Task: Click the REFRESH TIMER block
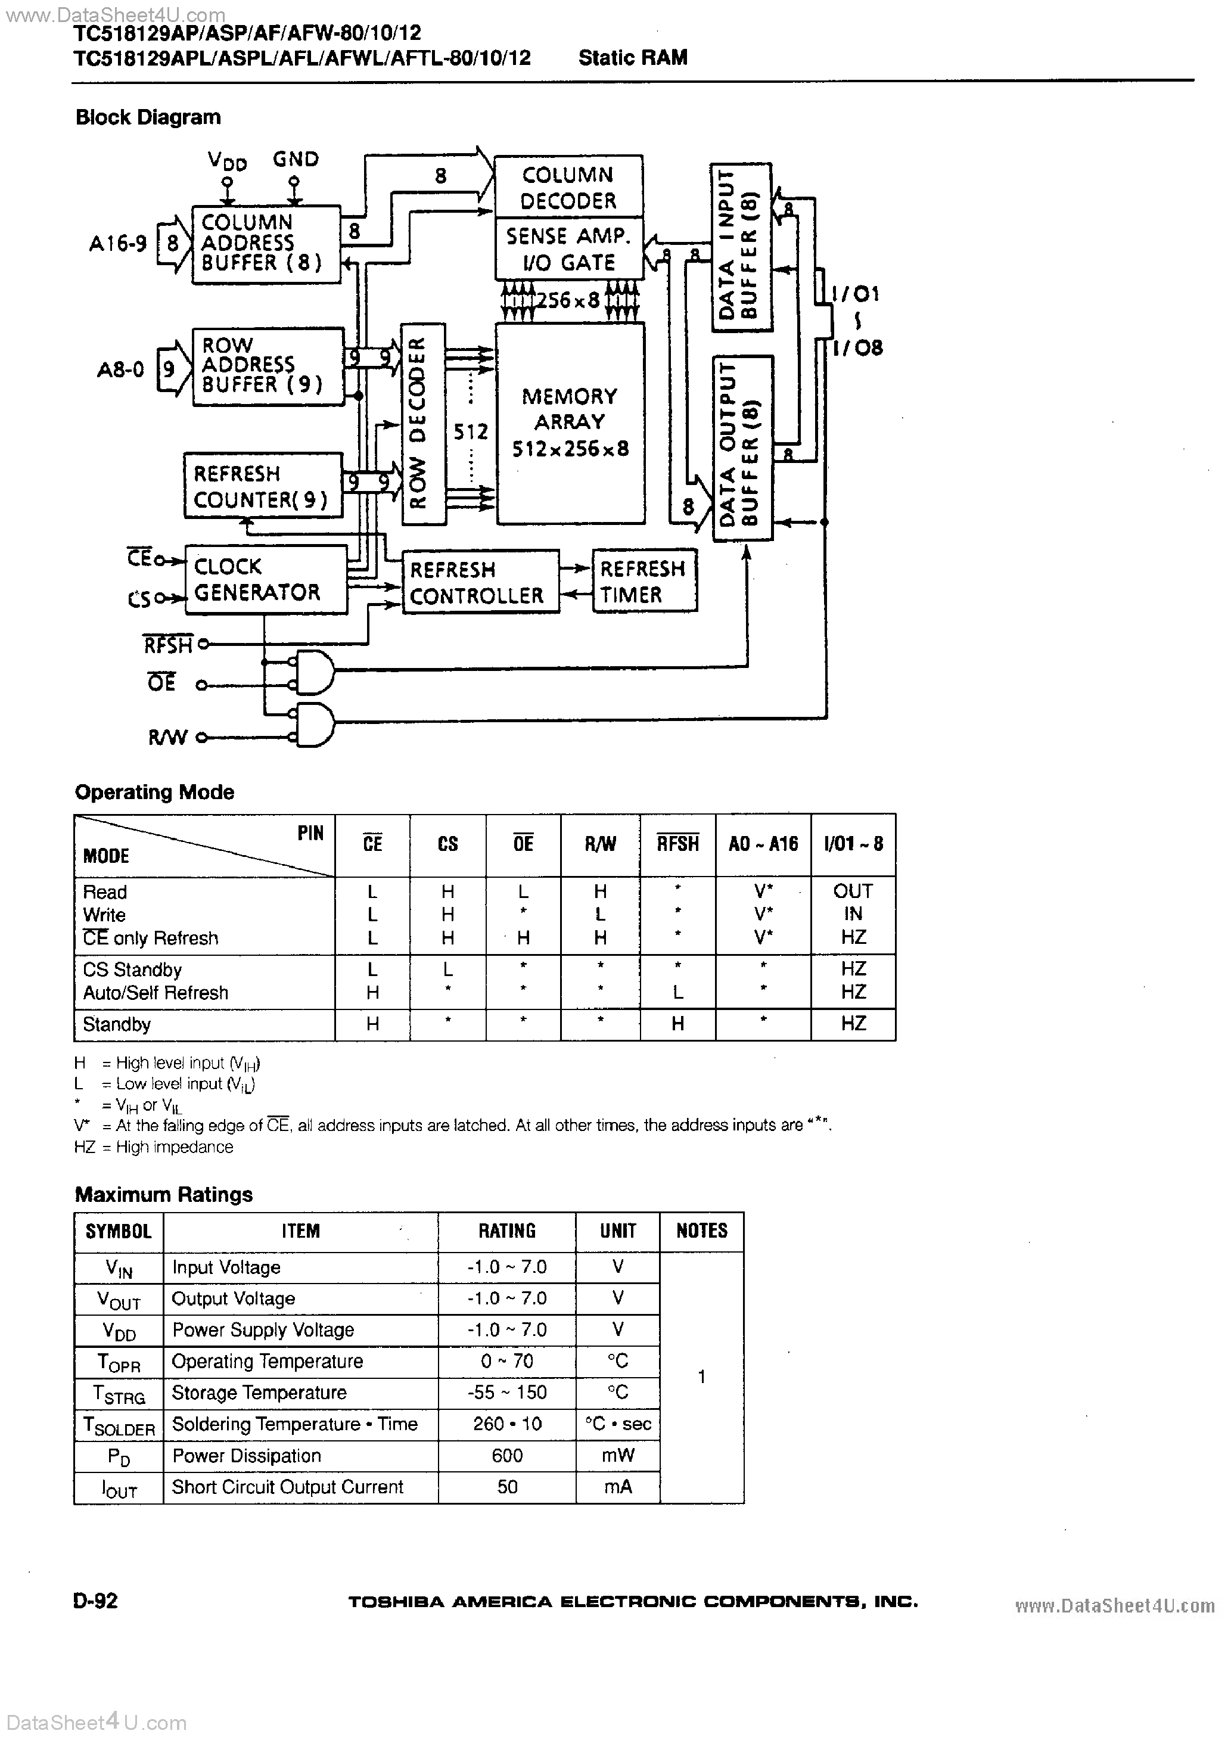click(x=644, y=581)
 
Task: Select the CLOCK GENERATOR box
click(x=265, y=580)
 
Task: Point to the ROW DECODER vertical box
click(x=422, y=424)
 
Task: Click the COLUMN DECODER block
click(x=568, y=187)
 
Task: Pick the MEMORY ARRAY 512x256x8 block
click(x=570, y=423)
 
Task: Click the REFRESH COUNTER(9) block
click(x=262, y=486)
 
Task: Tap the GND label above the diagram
click(x=296, y=159)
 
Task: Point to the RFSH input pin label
click(x=168, y=645)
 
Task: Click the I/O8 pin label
click(x=857, y=348)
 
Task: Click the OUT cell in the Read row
click(x=853, y=891)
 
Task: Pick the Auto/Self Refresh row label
click(x=156, y=993)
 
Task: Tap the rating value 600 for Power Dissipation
click(x=506, y=1456)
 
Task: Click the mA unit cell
click(x=617, y=1487)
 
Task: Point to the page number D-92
click(x=97, y=1601)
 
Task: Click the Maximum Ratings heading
click(x=164, y=1194)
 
